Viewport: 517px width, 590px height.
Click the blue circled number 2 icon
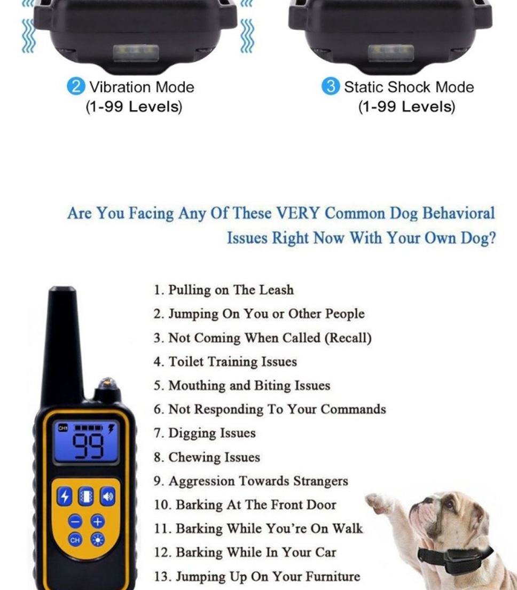point(76,87)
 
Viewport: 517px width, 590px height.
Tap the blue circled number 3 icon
point(331,87)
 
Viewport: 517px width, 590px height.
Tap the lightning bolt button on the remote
point(64,496)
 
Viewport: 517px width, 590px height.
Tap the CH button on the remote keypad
point(75,540)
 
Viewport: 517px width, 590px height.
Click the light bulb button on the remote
point(98,540)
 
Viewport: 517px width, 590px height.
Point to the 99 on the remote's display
point(88,446)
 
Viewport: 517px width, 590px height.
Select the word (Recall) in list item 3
point(348,338)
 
